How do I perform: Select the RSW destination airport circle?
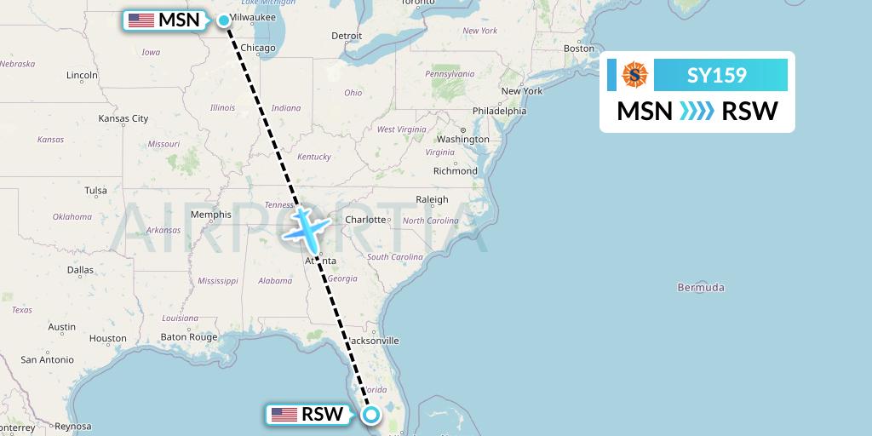[372, 415]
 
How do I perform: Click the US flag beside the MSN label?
[141, 20]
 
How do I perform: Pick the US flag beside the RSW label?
[284, 415]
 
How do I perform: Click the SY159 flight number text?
[717, 76]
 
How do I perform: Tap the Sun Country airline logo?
[635, 75]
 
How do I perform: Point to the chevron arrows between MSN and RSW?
[697, 111]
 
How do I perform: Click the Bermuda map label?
[700, 287]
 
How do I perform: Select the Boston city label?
[578, 49]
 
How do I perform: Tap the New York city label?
[521, 91]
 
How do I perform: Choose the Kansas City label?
[123, 118]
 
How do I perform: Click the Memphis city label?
[211, 215]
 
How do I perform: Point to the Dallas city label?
[80, 270]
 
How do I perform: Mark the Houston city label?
[107, 338]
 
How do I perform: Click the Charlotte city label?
[366, 219]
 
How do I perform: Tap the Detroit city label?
[347, 36]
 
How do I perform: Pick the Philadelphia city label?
[499, 111]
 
